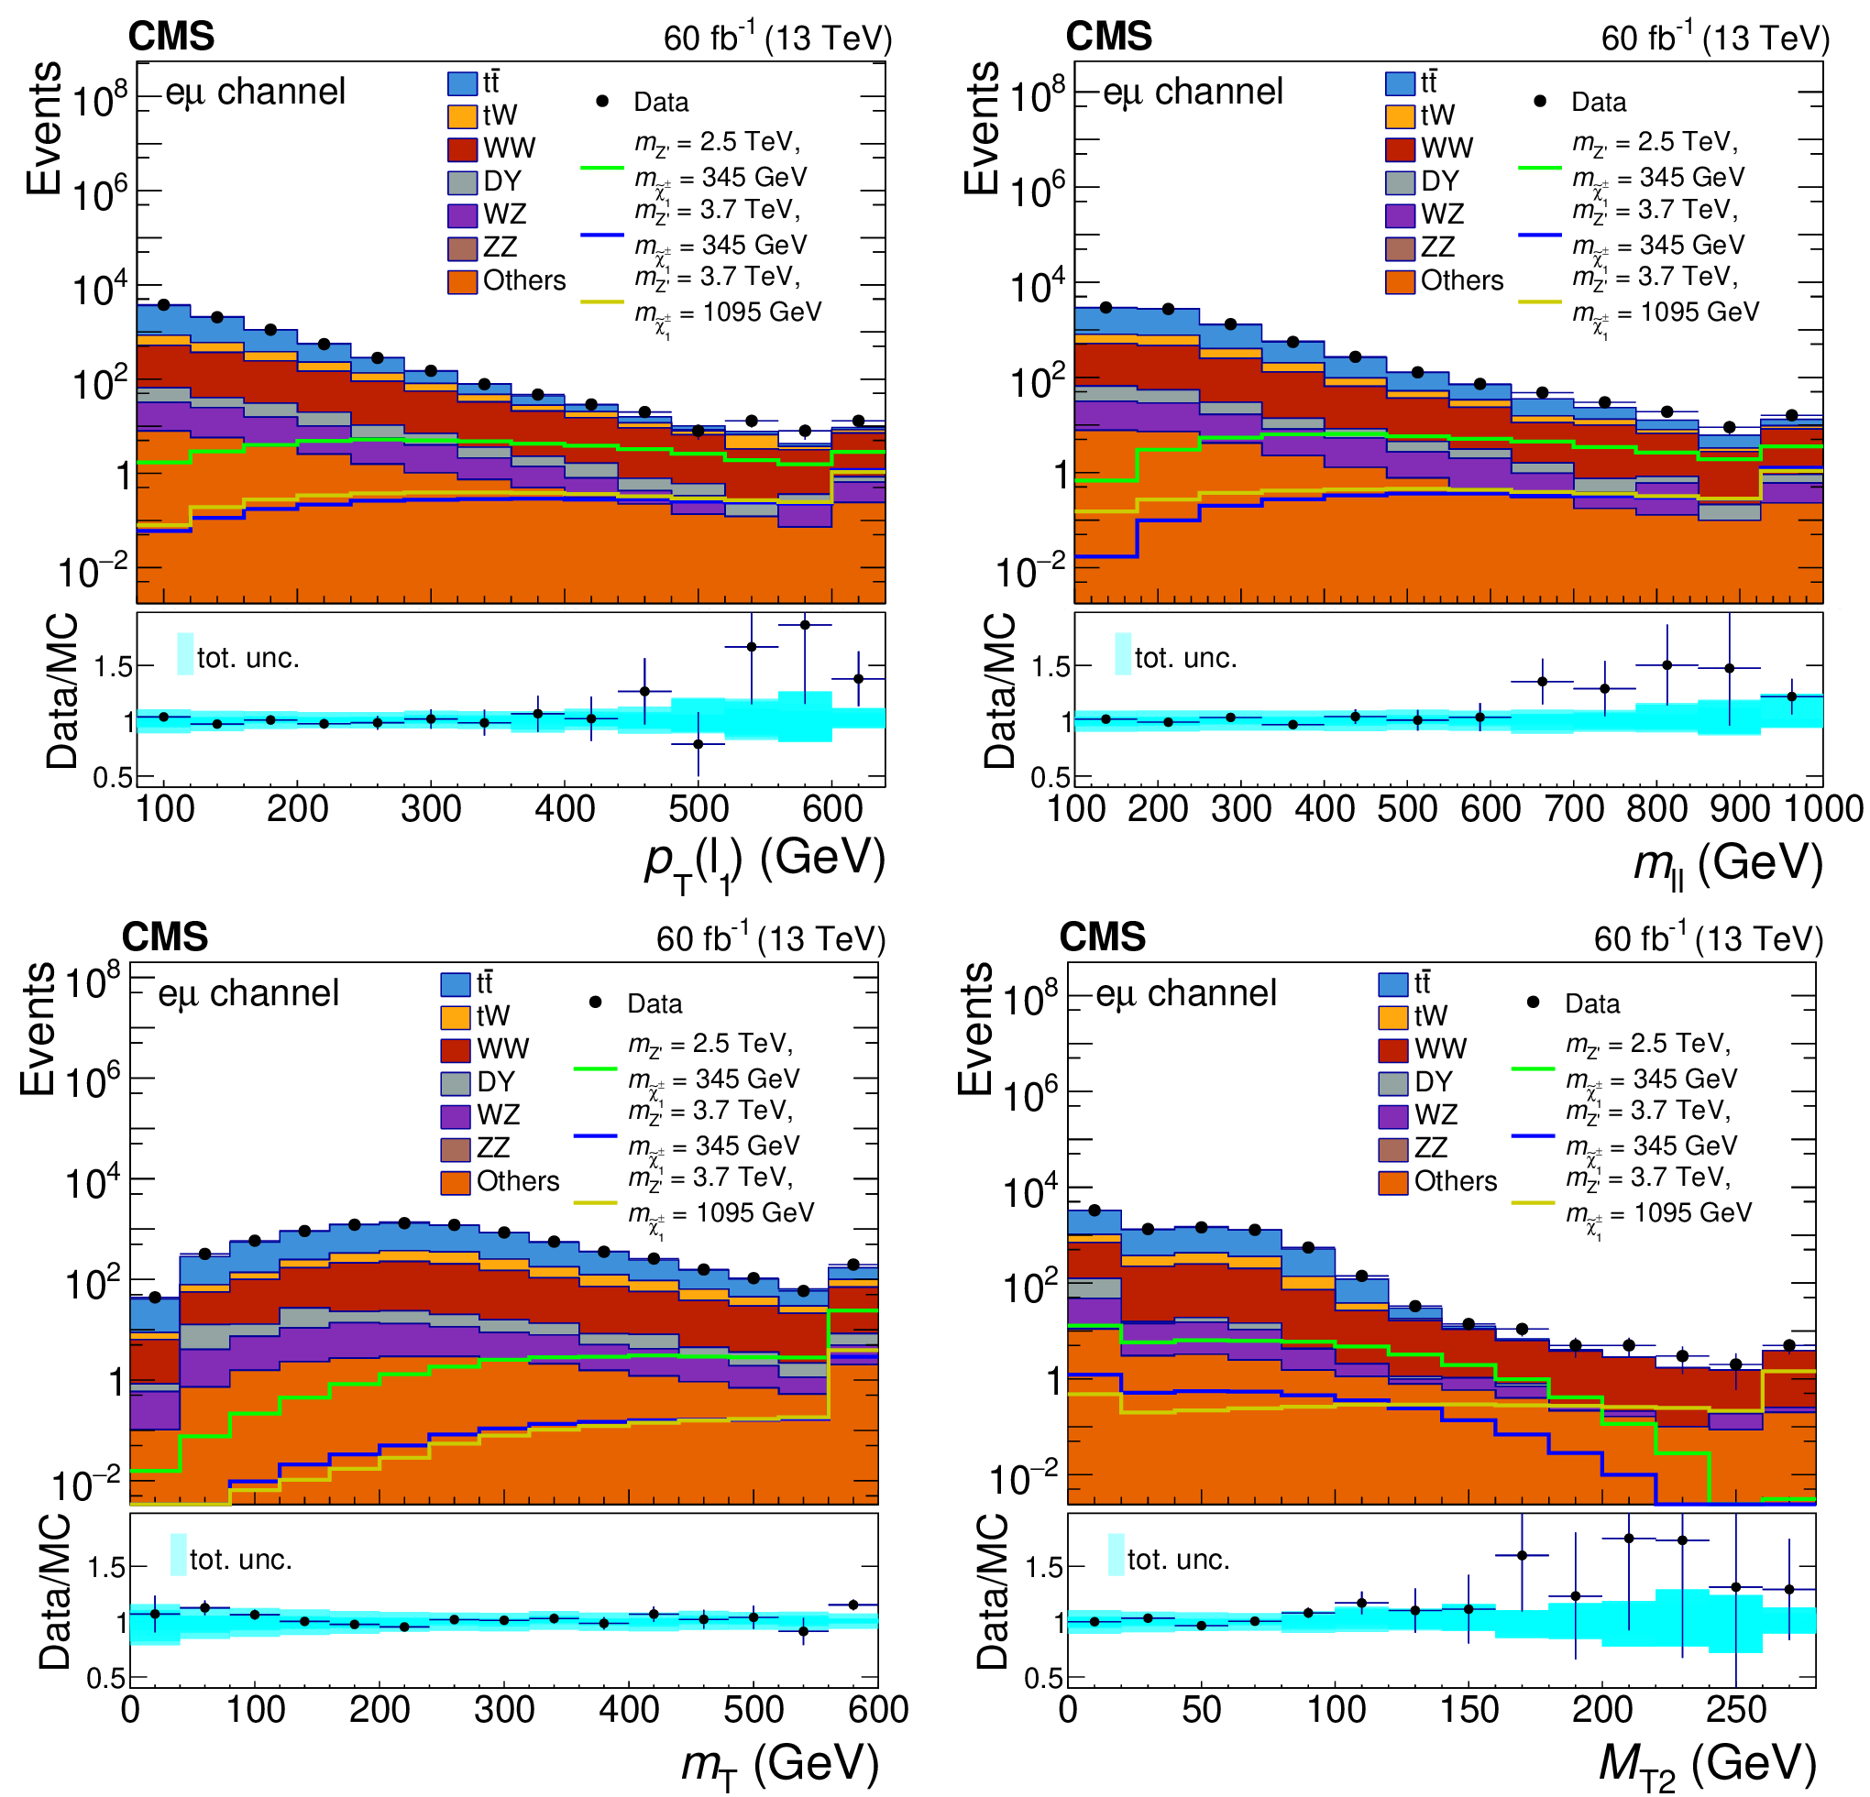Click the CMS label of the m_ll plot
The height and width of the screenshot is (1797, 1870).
coord(1108,37)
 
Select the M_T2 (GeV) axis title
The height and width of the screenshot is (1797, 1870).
coord(1707,1763)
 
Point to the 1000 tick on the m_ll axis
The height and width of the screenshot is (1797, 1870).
coord(1823,809)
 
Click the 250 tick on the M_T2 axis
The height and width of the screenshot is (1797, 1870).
coord(1736,1709)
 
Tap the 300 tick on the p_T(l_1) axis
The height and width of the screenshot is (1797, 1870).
coord(431,809)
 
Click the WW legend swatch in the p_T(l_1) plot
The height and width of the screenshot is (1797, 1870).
coord(463,148)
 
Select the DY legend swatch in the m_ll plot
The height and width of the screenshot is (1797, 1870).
coord(1401,181)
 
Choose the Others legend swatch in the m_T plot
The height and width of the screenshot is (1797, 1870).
coord(455,1182)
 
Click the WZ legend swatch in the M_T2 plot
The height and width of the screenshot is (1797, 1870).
coord(1393,1116)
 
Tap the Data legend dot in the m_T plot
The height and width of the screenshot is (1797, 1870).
coord(595,1003)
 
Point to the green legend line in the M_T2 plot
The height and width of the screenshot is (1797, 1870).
coord(1534,1068)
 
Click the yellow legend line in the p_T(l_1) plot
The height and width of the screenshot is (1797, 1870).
coord(602,301)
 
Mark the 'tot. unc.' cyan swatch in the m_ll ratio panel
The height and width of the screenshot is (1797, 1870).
coord(1123,654)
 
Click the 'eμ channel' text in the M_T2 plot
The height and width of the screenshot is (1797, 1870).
coord(1185,994)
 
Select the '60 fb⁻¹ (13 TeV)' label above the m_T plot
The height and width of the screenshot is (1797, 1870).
coord(771,938)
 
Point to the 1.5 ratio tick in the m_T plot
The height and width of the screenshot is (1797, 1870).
coord(106,1567)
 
